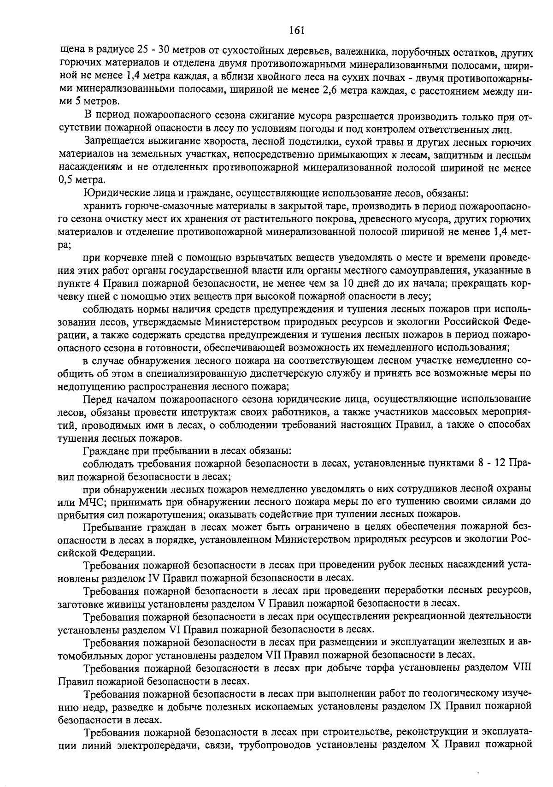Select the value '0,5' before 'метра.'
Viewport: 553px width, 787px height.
tap(66, 180)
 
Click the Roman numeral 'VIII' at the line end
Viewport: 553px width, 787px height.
tap(522, 668)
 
